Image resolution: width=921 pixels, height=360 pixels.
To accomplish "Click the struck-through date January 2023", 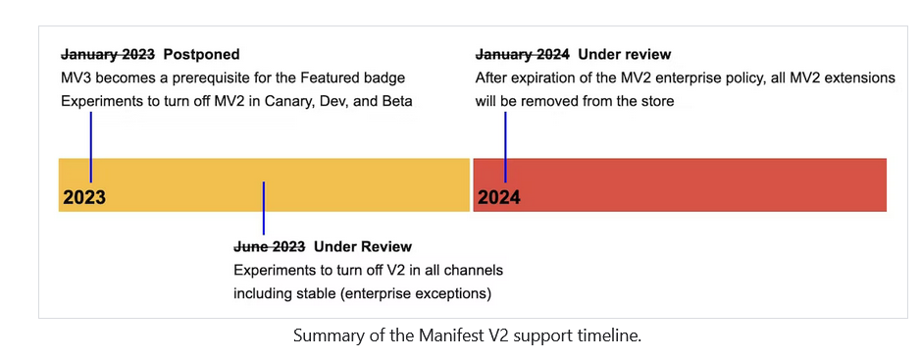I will (x=108, y=54).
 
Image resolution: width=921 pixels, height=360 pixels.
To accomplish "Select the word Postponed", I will (x=201, y=54).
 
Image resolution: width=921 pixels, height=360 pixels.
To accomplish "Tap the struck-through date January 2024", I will (x=522, y=54).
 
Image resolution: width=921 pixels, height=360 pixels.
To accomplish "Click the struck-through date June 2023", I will (x=270, y=246).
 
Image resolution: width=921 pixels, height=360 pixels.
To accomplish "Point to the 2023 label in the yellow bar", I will (x=84, y=197).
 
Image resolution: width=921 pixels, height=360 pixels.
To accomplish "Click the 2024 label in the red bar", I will (x=499, y=197).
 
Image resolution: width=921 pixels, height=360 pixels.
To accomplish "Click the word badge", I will (x=385, y=77).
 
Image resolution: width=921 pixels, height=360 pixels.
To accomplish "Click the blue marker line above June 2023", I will (x=263, y=208).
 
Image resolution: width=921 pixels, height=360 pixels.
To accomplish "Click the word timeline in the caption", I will (x=604, y=335).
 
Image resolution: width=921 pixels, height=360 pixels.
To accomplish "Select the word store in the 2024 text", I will (x=655, y=101).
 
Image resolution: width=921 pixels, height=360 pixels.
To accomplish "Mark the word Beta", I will (x=394, y=101).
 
